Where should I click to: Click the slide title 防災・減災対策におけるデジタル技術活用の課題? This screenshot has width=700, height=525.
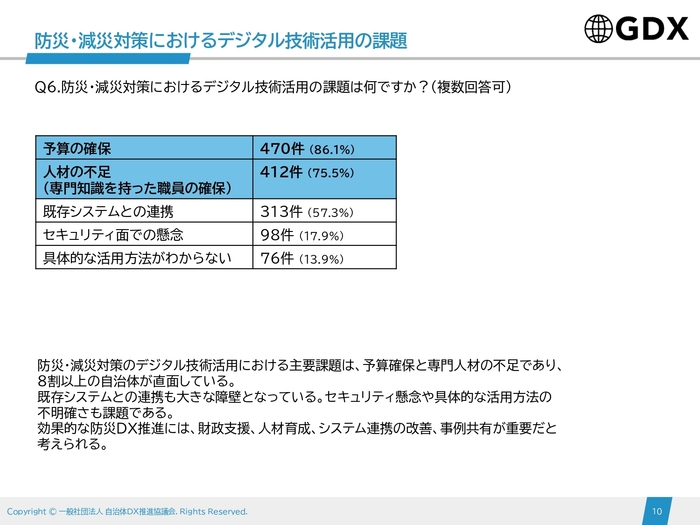[221, 40]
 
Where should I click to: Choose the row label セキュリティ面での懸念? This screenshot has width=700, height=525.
[115, 235]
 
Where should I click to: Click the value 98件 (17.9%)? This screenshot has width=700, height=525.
[301, 235]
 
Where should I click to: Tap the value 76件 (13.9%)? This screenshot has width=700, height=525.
[301, 258]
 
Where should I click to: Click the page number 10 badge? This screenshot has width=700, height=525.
[657, 511]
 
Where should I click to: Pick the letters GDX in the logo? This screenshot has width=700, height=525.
[651, 29]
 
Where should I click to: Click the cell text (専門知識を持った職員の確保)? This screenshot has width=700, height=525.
[135, 187]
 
